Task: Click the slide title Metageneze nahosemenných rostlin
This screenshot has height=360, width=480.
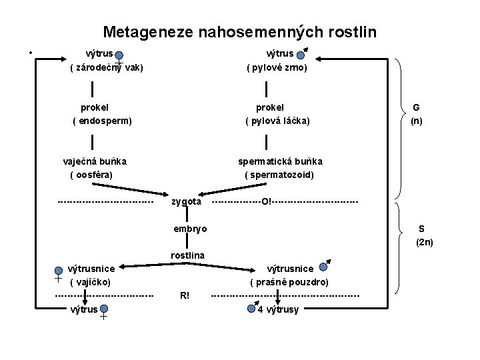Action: click(x=239, y=31)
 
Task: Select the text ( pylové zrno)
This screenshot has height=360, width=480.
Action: click(x=277, y=68)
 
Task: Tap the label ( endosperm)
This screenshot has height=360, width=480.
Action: click(x=102, y=121)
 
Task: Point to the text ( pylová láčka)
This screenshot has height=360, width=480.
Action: click(x=277, y=121)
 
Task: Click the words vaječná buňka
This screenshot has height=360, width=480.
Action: click(x=95, y=161)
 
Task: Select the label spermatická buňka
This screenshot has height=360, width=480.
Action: click(x=281, y=161)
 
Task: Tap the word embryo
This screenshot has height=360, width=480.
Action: click(x=190, y=229)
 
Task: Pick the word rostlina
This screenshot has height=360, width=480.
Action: click(x=187, y=255)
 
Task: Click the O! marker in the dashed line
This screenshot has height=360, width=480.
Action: click(x=267, y=201)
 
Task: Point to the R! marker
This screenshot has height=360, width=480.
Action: click(x=185, y=295)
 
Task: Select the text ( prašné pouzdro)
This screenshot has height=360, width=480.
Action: click(x=289, y=282)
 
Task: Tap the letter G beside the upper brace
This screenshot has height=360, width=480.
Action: click(x=416, y=108)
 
